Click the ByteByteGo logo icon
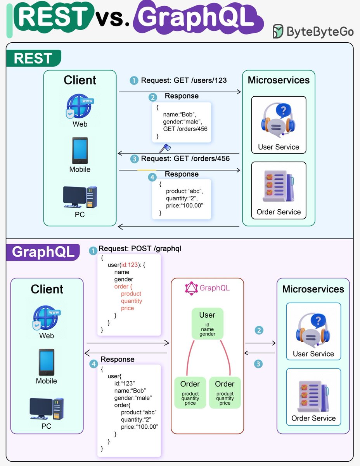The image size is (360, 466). click(x=278, y=31)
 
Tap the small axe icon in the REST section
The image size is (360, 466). click(x=165, y=148)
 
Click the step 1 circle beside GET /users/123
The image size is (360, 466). click(x=134, y=81)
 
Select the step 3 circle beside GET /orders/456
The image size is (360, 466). click(x=135, y=159)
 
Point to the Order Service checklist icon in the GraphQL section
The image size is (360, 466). click(x=313, y=396)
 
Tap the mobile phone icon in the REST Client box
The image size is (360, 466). click(x=80, y=151)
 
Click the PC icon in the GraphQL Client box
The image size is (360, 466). click(x=47, y=409)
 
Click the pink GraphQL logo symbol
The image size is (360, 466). click(x=192, y=289)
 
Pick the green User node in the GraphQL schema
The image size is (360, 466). click(x=207, y=324)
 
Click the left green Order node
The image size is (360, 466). click(x=190, y=393)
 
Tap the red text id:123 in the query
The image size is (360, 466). click(x=130, y=265)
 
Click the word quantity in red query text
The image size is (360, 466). click(x=132, y=301)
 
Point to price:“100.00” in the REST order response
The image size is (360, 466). click(x=184, y=205)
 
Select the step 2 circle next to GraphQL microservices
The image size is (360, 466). click(x=259, y=330)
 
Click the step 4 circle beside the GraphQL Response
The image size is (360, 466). click(x=93, y=364)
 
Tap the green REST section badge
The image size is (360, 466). click(x=34, y=58)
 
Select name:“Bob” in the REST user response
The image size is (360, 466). click(x=180, y=114)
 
